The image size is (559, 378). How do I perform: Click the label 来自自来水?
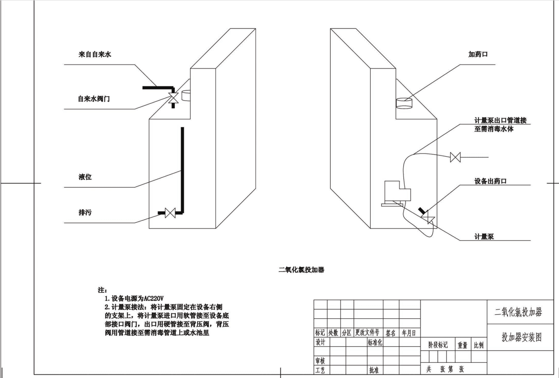pos(95,54)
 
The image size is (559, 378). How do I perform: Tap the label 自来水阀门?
pos(94,99)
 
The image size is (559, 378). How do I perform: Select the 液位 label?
pos(85,177)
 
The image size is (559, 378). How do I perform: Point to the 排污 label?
pos(85,212)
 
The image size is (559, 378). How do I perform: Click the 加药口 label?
pos(478,54)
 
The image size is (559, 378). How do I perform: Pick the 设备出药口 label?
pos(490,181)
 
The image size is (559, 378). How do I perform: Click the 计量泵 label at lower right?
pos(484,237)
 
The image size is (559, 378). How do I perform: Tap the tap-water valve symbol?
pos(173,98)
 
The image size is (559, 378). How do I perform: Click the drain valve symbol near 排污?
pos(170,213)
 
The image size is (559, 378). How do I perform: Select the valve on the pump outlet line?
pos(455,157)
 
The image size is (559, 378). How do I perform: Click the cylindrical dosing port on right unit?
pos(404,103)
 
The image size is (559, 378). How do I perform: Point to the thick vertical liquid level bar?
pos(182,170)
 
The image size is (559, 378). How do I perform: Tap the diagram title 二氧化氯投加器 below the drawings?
pos(301,270)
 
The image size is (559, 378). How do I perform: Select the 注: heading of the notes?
pos(103,290)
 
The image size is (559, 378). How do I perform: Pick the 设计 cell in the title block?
pos(321,342)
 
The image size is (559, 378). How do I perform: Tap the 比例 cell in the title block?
pos(478,345)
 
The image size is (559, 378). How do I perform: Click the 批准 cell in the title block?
pos(374,370)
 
